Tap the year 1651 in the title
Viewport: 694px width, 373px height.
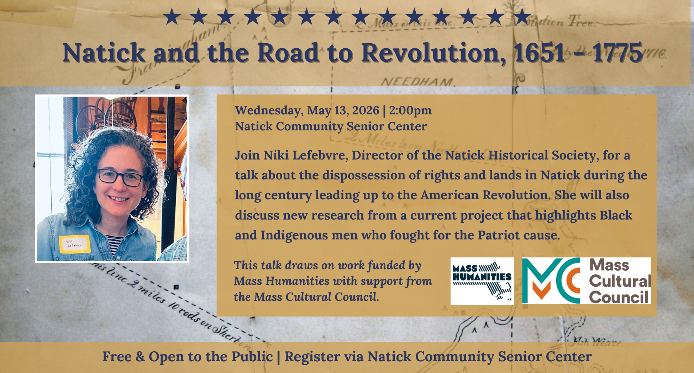[539, 53]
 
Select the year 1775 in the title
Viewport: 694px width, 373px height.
[617, 53]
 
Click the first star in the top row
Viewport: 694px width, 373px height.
[172, 17]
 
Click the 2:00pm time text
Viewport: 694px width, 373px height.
[410, 110]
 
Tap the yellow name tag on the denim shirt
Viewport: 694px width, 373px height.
[74, 244]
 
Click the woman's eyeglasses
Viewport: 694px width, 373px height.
[120, 177]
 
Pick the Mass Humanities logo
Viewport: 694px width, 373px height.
[482, 281]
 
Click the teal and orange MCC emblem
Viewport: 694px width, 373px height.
[551, 281]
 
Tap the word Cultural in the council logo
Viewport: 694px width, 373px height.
[620, 281]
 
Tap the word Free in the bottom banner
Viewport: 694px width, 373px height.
[117, 357]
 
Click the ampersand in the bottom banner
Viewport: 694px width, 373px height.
[140, 357]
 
